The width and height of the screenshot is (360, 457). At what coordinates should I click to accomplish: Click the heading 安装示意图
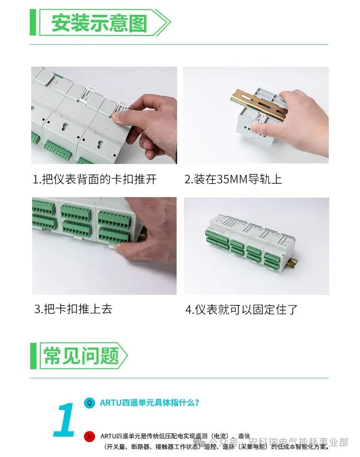[99, 22]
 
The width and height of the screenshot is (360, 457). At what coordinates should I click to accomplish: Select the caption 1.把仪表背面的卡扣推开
[95, 180]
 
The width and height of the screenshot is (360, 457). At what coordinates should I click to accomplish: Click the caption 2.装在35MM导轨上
[233, 180]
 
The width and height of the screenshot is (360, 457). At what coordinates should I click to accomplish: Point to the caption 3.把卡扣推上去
[73, 309]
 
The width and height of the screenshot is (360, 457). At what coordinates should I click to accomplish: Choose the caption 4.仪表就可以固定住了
[241, 309]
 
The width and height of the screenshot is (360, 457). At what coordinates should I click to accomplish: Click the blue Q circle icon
[89, 403]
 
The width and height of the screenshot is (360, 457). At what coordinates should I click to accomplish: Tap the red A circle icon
[89, 436]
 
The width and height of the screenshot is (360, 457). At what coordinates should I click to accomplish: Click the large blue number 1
[65, 420]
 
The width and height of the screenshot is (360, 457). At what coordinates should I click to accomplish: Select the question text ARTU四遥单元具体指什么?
[149, 403]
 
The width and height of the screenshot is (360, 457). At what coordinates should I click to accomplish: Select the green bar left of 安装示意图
[33, 22]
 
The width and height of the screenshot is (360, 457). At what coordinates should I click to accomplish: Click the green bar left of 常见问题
[33, 356]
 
